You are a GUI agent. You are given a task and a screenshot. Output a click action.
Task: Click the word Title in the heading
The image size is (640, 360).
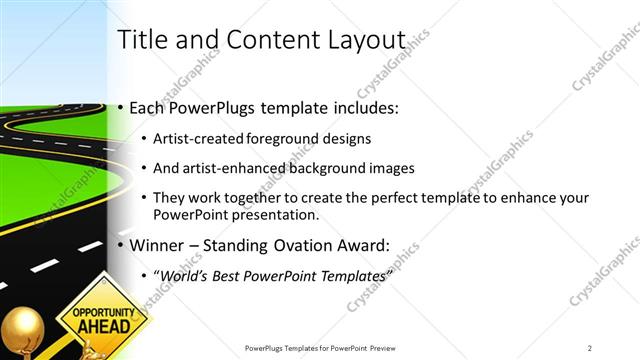pyautogui.click(x=142, y=40)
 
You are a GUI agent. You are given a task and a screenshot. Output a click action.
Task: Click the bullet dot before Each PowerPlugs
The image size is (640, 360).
pyautogui.click(x=122, y=107)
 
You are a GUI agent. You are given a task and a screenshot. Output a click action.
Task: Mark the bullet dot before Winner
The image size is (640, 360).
pyautogui.click(x=122, y=244)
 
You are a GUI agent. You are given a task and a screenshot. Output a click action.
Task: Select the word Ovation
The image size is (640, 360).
pyautogui.click(x=300, y=244)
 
